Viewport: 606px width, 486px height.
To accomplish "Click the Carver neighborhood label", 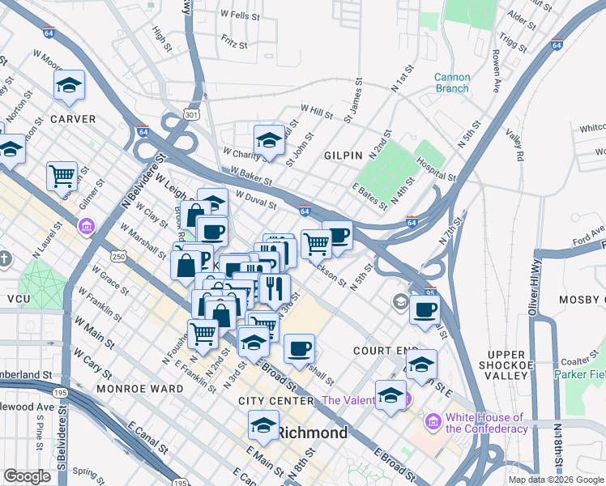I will [73, 119].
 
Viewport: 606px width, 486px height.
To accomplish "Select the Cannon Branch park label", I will [451, 83].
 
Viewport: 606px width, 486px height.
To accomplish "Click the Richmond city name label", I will [313, 433].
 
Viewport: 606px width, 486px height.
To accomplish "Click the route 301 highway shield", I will [191, 116].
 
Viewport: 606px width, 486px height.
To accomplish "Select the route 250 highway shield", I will [119, 256].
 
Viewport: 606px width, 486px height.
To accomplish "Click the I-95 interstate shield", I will [430, 293].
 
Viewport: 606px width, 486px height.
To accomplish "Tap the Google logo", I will [27, 476].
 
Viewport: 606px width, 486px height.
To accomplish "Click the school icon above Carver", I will [70, 85].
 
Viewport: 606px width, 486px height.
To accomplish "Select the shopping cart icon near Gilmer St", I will [62, 174].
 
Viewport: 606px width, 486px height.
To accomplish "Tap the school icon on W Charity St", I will [270, 139].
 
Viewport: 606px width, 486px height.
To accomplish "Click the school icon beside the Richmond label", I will [263, 425].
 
